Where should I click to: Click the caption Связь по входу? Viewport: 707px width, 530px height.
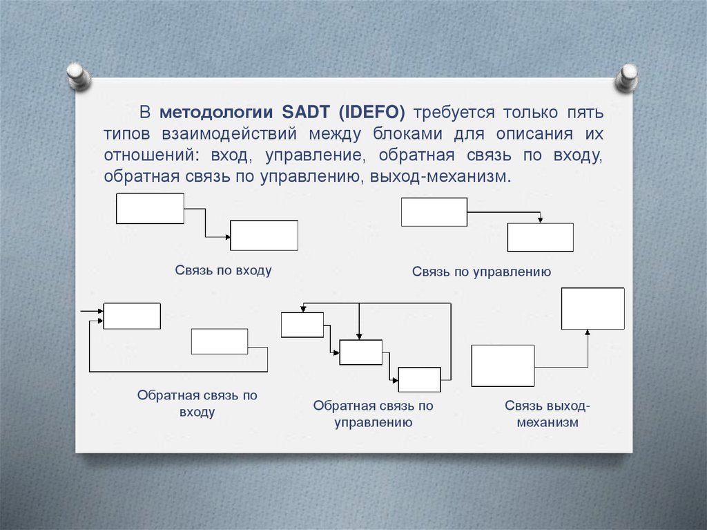(x=223, y=271)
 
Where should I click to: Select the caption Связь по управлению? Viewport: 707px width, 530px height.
(x=481, y=272)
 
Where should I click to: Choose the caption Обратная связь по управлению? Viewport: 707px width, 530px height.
(x=373, y=414)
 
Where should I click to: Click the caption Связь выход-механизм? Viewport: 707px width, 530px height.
(x=548, y=414)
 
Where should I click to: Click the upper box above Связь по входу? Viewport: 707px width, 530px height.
(x=150, y=208)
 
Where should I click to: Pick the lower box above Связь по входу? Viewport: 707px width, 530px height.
(x=264, y=235)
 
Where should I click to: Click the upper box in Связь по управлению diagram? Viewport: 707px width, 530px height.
(x=434, y=211)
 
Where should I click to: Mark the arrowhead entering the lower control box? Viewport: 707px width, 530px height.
(x=541, y=220)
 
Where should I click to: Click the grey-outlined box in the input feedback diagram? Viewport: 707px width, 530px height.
(x=219, y=341)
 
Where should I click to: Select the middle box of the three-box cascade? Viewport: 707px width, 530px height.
(x=360, y=352)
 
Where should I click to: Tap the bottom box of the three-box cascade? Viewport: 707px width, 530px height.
(x=419, y=379)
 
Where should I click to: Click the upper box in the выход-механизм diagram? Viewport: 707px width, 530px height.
(x=592, y=308)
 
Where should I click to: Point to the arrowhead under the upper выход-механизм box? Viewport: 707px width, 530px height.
(x=588, y=332)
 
